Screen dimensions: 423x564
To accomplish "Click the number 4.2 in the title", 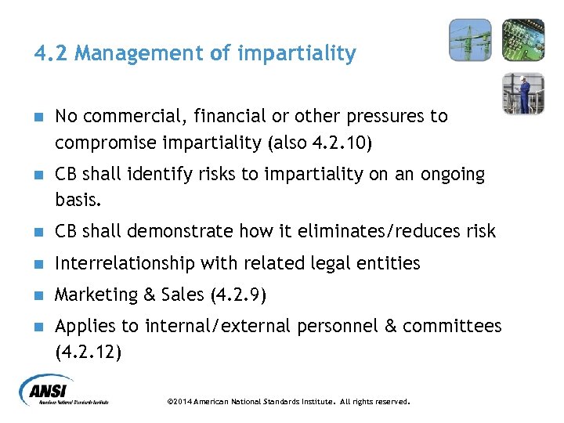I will pyautogui.click(x=49, y=54).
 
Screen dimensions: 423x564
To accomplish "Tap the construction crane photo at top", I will pyautogui.click(x=470, y=39).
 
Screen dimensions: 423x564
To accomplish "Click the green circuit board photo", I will pyautogui.click(x=522, y=39).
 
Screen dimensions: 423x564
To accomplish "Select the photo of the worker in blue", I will pyautogui.click(x=522, y=93).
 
